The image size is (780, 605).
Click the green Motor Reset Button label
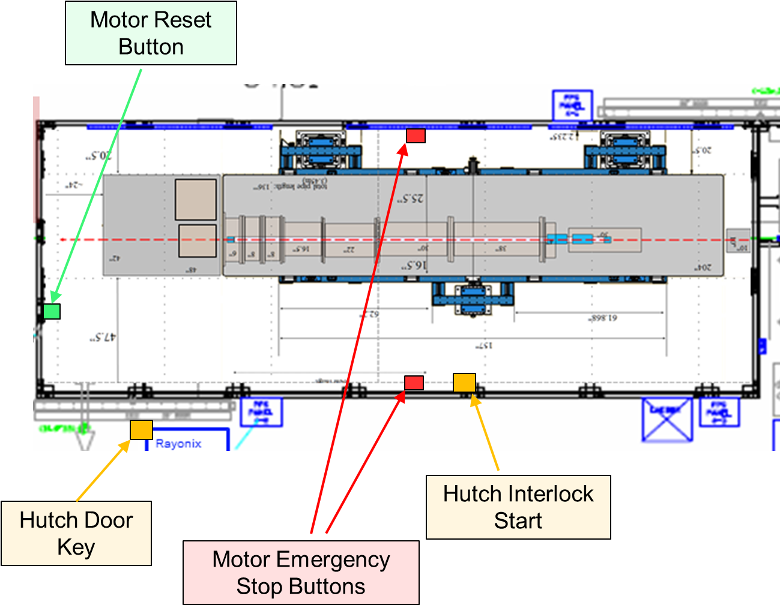pos(151,33)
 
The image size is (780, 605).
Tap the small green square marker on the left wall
pos(52,311)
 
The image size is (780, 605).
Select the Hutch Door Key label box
pos(76,533)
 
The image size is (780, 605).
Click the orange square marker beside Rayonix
pos(141,429)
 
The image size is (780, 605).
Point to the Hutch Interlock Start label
pos(518,507)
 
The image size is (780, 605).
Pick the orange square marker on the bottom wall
pos(464,383)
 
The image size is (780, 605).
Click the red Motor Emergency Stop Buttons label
pos(301,573)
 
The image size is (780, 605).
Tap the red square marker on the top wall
pos(416,136)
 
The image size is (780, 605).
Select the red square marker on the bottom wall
pos(414,383)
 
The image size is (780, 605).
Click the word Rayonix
pos(178,444)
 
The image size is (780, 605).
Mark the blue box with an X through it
pos(667,419)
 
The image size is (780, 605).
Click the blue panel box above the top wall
pos(572,106)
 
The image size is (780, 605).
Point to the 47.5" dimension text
pos(103,338)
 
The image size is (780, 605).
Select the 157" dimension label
pos(484,345)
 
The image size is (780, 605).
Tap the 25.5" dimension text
pos(412,198)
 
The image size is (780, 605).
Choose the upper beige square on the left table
pos(196,200)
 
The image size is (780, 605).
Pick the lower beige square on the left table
pos(198,241)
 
